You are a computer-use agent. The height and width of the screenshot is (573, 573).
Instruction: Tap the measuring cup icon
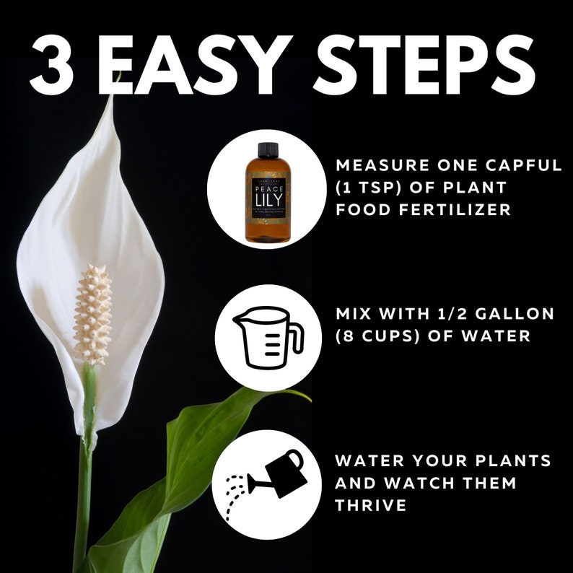click(x=263, y=337)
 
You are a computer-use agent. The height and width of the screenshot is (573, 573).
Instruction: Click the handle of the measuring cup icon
click(x=294, y=334)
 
